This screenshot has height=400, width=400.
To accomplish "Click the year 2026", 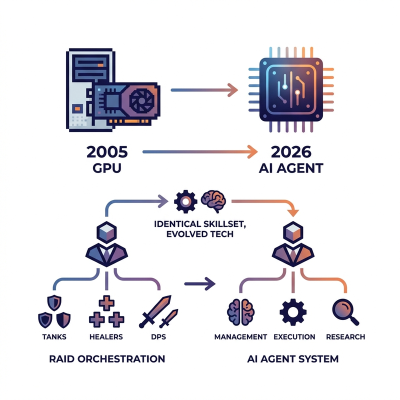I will [292, 151].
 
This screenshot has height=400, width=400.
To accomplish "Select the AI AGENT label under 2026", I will [292, 168].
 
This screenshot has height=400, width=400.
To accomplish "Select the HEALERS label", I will [106, 336].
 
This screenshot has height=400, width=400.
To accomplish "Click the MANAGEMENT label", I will [240, 336].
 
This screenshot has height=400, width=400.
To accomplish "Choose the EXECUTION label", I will [294, 336].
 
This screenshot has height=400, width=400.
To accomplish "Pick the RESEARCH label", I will [345, 336].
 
